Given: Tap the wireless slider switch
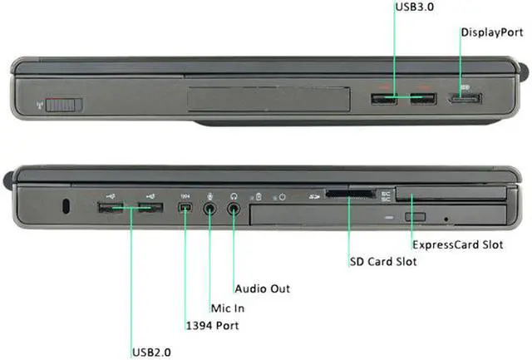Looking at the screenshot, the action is click(x=64, y=105).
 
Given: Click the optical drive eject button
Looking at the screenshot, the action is click(x=416, y=218).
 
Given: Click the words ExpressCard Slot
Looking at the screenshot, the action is click(x=457, y=245).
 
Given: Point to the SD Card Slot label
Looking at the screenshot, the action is click(x=383, y=261).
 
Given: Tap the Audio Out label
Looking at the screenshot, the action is click(x=263, y=288).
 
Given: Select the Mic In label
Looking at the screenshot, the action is click(x=227, y=308).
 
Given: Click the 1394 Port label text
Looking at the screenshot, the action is click(x=211, y=325).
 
